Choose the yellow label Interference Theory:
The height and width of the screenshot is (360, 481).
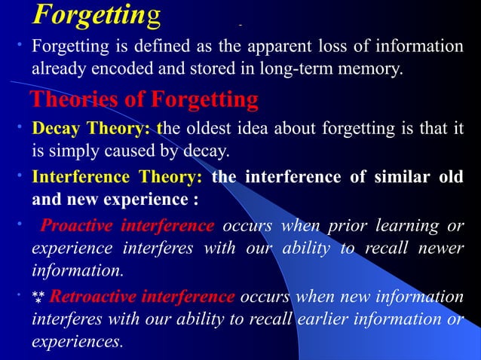pos(117,178)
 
